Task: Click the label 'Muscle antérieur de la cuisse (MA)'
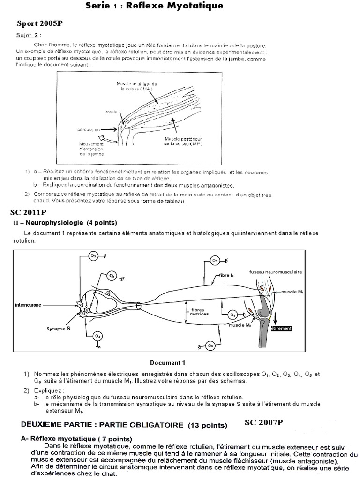[134, 86]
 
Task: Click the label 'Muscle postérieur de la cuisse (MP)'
[184, 142]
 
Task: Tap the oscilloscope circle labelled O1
[215, 260]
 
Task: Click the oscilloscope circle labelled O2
[112, 276]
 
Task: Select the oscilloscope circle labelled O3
[93, 256]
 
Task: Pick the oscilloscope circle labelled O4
[97, 336]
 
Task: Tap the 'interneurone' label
[28, 305]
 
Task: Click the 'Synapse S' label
[59, 329]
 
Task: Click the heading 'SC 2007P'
[264, 423]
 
